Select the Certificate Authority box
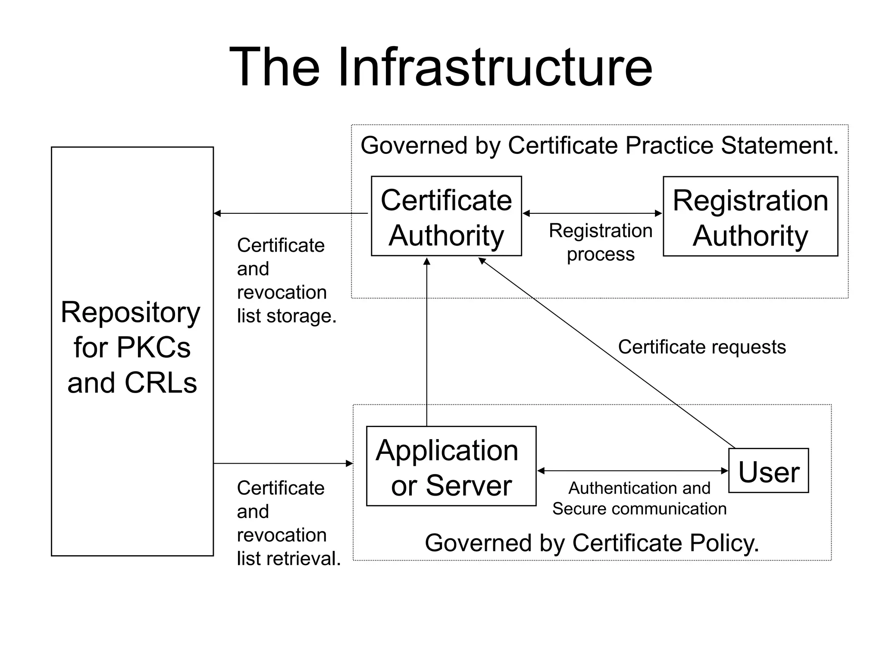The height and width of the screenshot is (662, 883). (x=446, y=216)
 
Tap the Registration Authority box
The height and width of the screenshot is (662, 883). (x=750, y=216)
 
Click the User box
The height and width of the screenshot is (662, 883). (x=768, y=471)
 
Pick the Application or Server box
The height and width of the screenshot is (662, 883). (x=451, y=466)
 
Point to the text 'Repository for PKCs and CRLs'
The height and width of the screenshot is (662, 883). (x=132, y=347)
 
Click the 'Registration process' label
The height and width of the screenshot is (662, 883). (x=600, y=242)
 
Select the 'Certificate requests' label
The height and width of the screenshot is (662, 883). (x=701, y=347)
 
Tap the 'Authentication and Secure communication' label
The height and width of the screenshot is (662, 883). (x=639, y=498)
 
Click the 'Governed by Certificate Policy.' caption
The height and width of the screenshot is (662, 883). (x=592, y=543)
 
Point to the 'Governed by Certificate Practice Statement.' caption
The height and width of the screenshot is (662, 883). (x=599, y=145)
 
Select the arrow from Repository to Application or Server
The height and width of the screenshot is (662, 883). (x=283, y=464)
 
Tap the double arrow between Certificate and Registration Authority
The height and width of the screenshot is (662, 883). (x=592, y=213)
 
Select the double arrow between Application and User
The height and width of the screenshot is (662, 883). (x=633, y=471)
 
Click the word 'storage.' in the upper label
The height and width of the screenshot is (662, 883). (x=301, y=316)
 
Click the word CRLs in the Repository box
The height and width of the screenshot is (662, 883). (x=160, y=383)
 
